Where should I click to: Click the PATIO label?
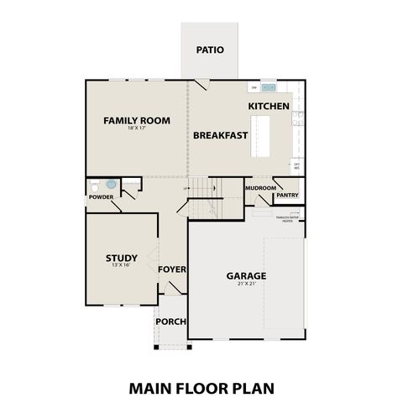point(210,50)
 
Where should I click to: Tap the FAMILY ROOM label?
point(136,120)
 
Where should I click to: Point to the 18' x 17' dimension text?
point(136,129)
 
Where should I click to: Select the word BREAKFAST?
point(220,134)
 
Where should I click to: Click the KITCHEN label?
point(269,107)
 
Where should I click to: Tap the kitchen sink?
point(268,86)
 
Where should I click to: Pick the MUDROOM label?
point(261,188)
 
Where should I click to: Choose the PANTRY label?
point(287,196)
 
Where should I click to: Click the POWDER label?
point(101,197)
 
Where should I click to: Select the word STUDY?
point(121,258)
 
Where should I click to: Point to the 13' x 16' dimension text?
point(121,266)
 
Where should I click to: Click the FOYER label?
point(171,270)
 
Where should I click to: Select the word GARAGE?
point(246,275)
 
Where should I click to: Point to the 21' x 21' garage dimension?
point(246,284)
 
